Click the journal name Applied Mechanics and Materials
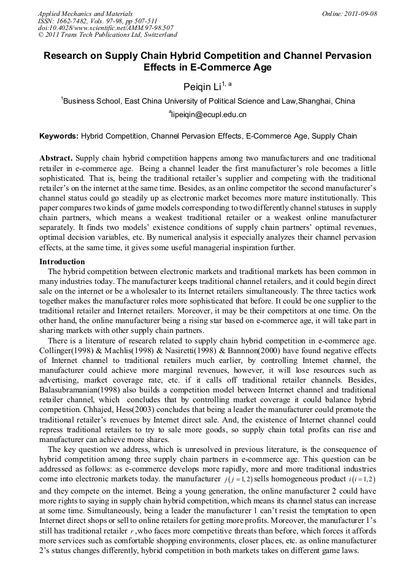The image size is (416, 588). tap(85, 13)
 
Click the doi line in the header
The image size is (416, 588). tap(106, 28)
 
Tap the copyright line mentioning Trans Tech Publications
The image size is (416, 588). tap(107, 36)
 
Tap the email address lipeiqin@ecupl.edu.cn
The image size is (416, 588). tap(209, 115)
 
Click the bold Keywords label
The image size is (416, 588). tap(59, 136)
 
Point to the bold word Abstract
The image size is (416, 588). tap(56, 158)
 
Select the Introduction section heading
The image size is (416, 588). tap(62, 262)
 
